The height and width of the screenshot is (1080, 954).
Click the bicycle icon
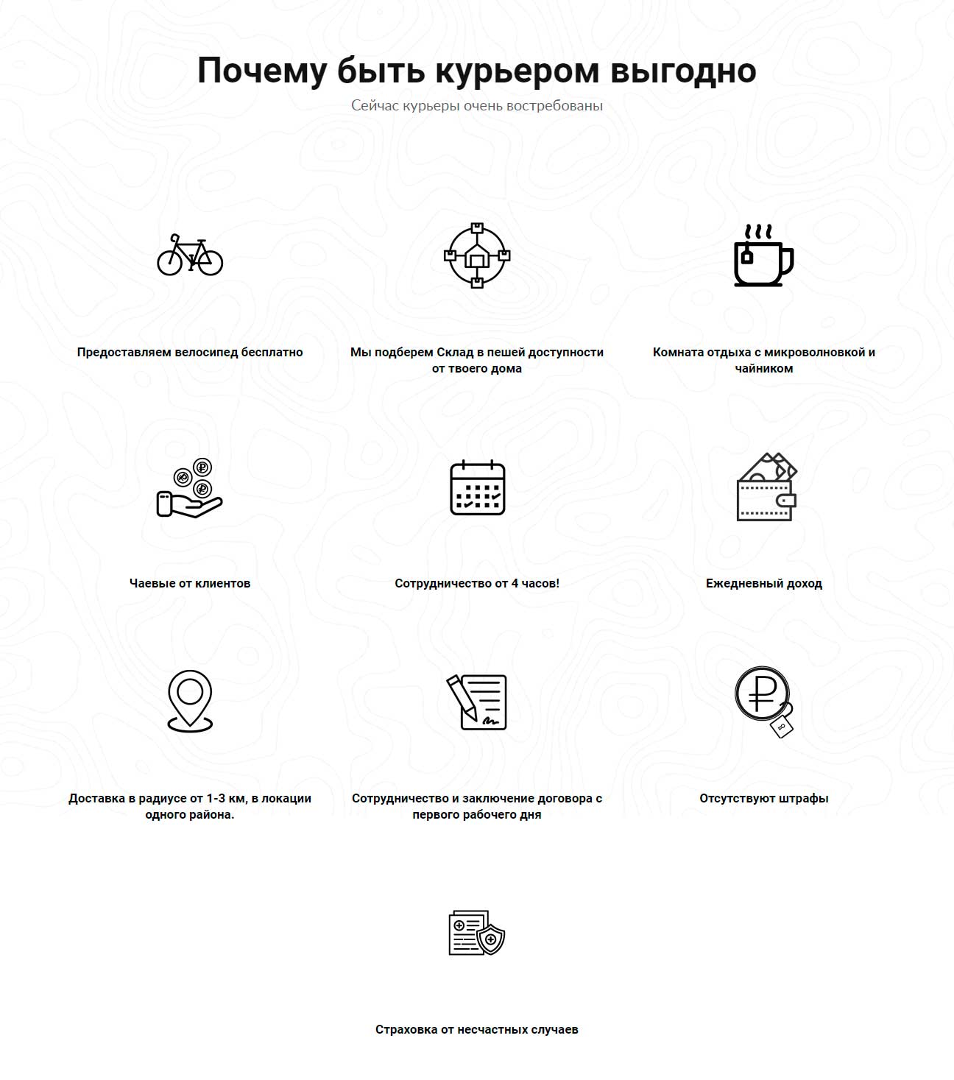(190, 255)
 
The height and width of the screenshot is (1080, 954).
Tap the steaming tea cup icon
(763, 255)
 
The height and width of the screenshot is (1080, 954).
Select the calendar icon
(477, 487)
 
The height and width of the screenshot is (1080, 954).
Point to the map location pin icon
(190, 701)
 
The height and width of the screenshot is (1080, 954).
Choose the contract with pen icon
(477, 702)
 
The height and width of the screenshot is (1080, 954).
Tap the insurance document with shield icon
(477, 933)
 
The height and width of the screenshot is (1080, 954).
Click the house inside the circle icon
(477, 255)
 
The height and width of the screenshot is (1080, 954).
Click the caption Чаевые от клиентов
(190, 583)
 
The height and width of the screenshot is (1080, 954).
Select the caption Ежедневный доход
(764, 583)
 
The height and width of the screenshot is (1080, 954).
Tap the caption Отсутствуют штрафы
(764, 798)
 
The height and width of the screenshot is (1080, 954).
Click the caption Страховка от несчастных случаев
(477, 1029)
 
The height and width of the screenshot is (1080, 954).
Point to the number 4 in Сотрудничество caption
(515, 583)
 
